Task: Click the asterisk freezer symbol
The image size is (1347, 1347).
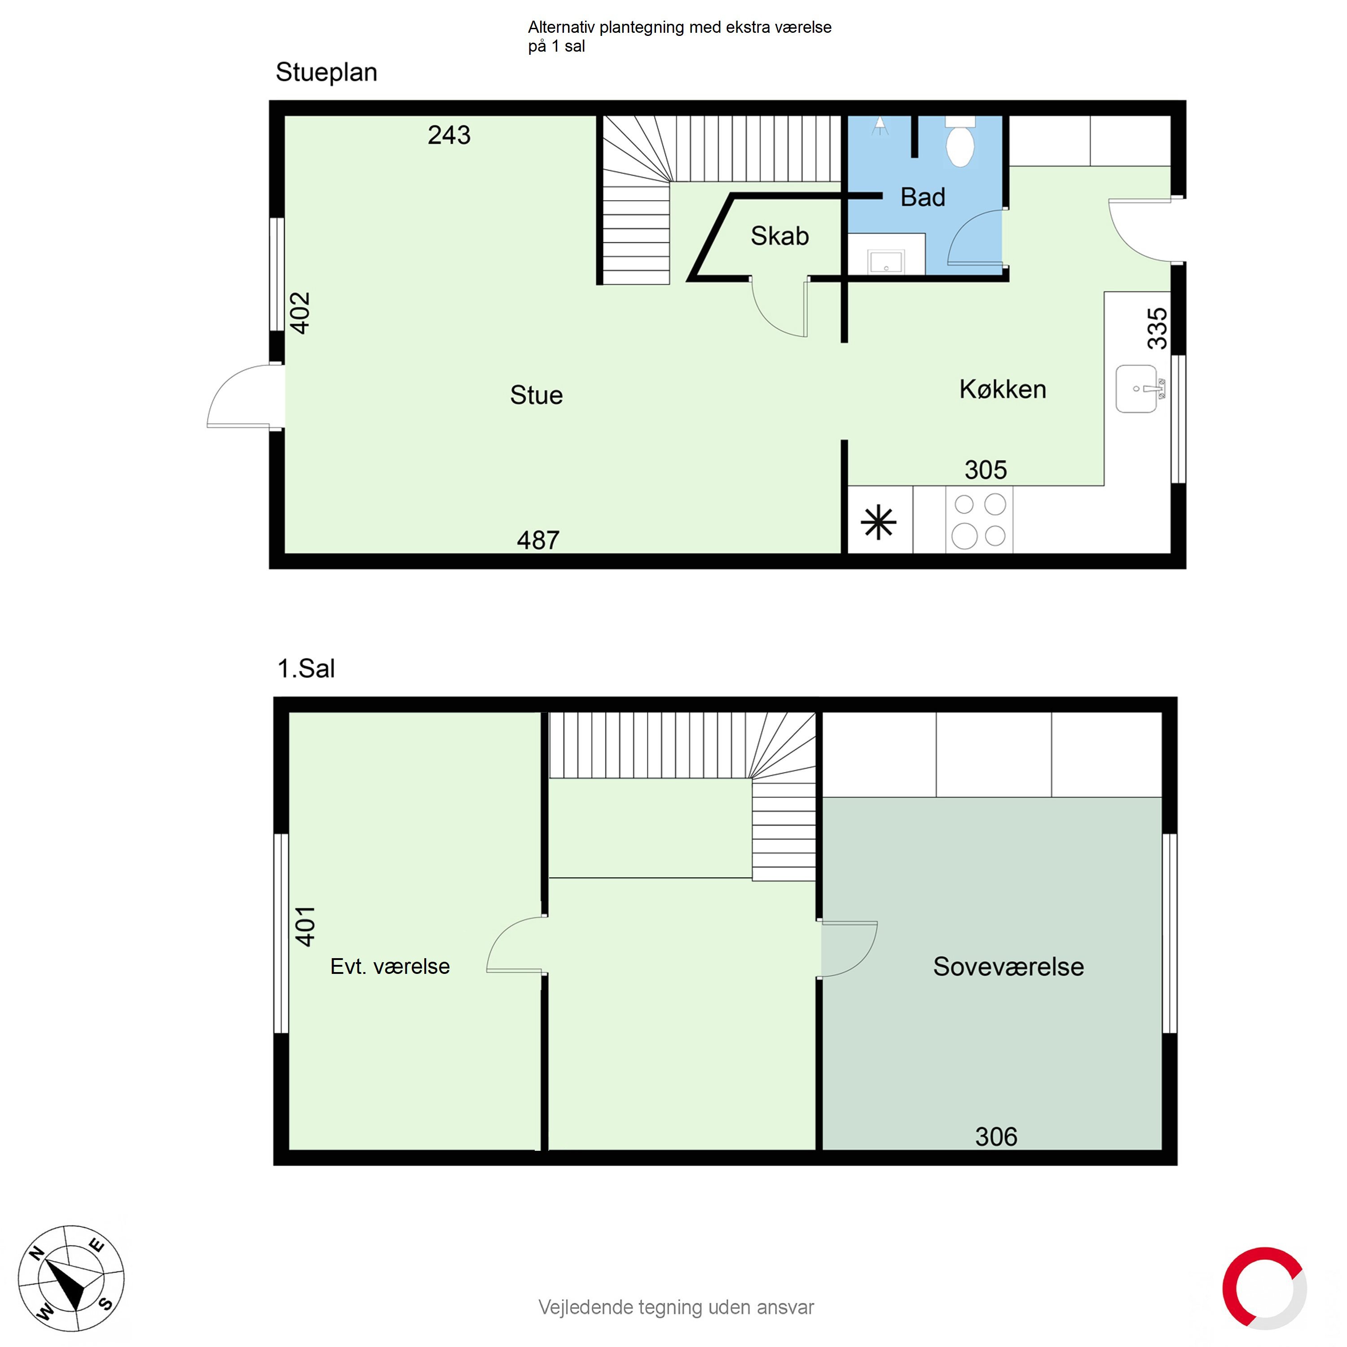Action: (879, 522)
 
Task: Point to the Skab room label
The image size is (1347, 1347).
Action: (779, 236)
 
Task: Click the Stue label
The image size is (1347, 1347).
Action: (536, 395)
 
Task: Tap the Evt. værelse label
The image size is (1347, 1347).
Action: (390, 966)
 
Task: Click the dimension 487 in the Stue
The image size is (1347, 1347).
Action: (537, 540)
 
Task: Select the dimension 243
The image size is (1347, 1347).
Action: (449, 135)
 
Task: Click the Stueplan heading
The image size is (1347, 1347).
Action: (326, 72)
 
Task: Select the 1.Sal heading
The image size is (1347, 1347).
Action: (306, 669)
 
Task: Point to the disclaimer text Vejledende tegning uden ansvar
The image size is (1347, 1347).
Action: (676, 1307)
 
